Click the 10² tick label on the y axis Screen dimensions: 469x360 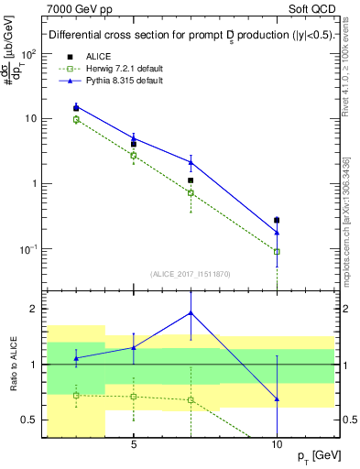(28, 53)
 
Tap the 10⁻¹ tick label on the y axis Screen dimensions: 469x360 (28, 248)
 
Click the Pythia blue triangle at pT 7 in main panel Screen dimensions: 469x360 (191, 162)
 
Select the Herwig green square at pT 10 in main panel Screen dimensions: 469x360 (277, 251)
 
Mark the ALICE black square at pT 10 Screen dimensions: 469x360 (277, 220)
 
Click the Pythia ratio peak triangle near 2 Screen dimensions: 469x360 (191, 312)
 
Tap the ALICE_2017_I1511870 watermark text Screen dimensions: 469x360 (191, 273)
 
